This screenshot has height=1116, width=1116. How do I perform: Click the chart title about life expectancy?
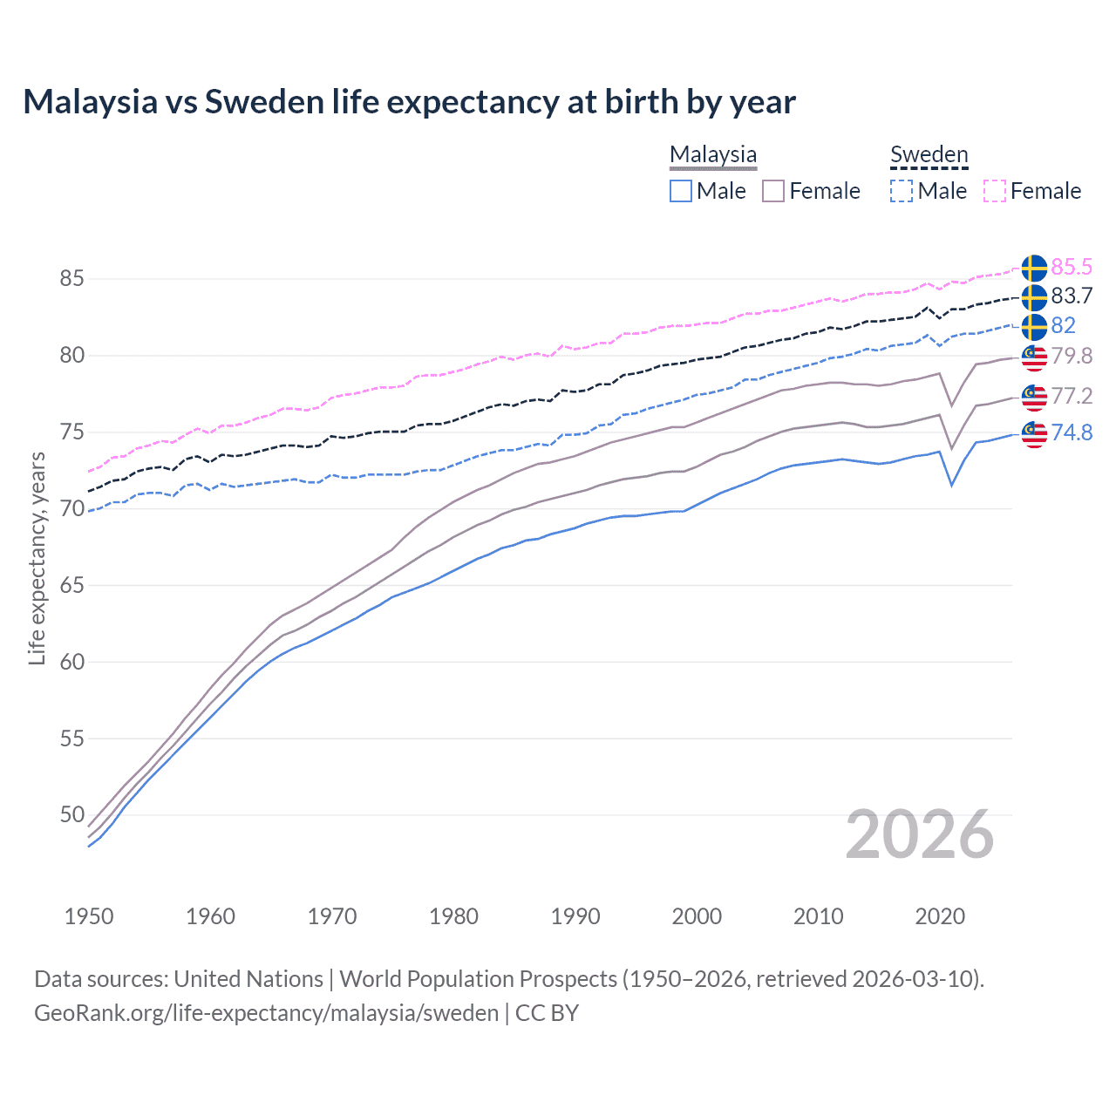409,102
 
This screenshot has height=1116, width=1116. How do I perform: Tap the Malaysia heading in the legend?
713,154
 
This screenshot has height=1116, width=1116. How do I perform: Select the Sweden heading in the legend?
929,154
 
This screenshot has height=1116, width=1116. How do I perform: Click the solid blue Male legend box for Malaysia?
681,191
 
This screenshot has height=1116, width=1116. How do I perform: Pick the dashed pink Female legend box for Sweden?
995,191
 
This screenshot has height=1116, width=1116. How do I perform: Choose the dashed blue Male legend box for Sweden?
902,191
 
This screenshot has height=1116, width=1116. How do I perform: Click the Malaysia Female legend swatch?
773,191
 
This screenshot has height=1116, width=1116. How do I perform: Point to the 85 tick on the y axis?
71,279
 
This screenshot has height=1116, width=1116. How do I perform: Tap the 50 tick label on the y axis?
71,815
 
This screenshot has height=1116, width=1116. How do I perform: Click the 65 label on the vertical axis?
71,585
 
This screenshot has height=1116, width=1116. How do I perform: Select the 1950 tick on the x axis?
89,916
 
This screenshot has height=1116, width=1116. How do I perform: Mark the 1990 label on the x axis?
575,916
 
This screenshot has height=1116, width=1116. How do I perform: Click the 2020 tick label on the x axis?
940,916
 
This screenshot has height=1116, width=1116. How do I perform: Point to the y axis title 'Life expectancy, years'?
37,558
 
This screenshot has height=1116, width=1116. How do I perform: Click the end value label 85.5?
1072,267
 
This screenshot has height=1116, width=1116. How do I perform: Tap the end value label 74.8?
1072,432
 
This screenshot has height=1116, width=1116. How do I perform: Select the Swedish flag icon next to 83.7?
1034,297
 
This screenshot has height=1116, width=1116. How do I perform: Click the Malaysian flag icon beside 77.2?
1034,396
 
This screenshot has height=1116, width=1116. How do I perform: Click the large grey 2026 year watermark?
920,834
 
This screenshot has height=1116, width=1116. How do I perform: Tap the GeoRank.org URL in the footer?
266,1013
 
